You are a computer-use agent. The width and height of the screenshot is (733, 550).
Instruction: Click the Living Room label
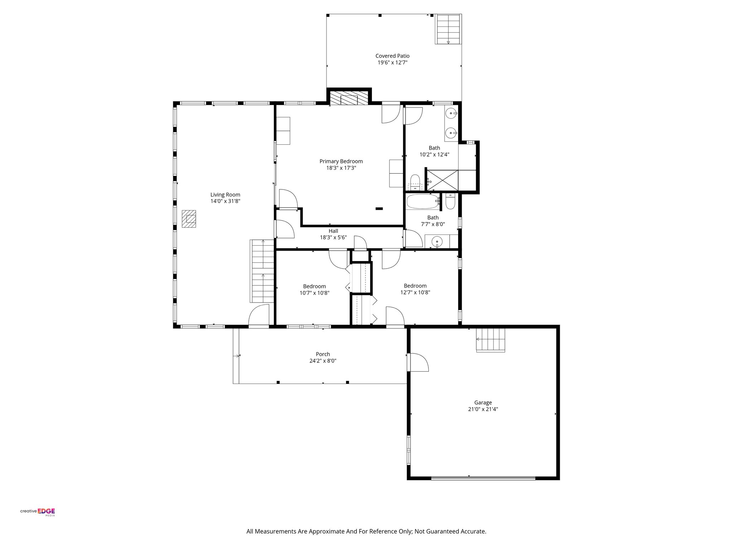pos(225,195)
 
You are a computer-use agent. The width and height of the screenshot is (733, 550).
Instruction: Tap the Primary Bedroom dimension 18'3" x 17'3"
pos(341,168)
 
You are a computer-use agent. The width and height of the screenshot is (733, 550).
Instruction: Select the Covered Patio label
pos(392,56)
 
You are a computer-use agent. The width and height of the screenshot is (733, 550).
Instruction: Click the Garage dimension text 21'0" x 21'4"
pos(483,409)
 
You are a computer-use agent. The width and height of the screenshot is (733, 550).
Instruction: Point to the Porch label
pos(323,354)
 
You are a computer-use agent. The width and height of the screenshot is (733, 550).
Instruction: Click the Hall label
pos(333,231)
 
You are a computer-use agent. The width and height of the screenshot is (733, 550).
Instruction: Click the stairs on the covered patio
pos(448,29)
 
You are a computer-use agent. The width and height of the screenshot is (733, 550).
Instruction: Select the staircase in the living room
pos(262,271)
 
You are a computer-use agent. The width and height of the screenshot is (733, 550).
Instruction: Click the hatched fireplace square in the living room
pos(189,219)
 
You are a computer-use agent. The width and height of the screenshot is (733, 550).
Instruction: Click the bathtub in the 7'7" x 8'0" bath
pos(422,202)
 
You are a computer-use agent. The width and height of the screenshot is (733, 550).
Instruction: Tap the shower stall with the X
pos(443,180)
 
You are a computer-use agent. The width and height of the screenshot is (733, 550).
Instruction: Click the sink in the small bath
pos(437,242)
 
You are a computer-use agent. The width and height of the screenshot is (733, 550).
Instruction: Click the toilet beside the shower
pos(415,182)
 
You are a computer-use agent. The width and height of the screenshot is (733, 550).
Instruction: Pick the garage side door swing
pos(419,362)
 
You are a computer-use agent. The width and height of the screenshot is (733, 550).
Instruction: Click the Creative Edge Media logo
pos(38,512)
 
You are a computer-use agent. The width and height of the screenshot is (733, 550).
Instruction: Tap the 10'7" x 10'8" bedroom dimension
pos(314,293)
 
